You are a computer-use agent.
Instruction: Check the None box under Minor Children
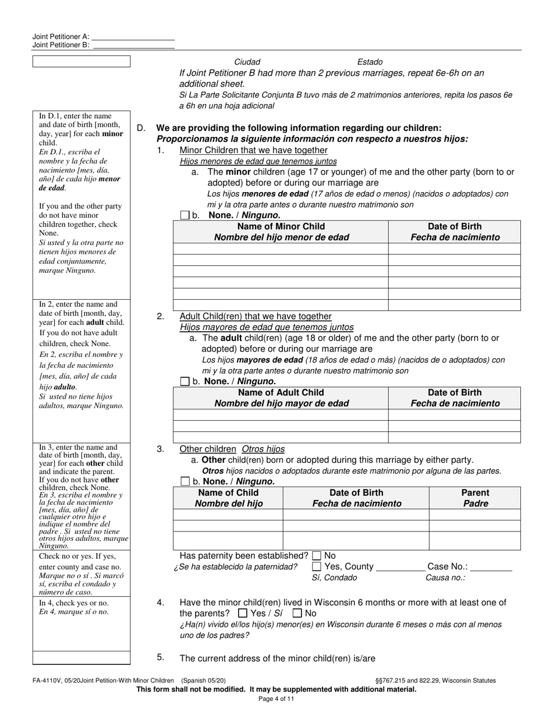click(x=185, y=215)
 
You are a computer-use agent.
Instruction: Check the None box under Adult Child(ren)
click(x=185, y=382)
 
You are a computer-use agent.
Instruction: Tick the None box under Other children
click(x=185, y=482)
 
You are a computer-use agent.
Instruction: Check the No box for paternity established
click(x=317, y=556)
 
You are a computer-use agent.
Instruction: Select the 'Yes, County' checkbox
click(x=317, y=566)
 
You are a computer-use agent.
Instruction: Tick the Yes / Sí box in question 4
click(x=243, y=614)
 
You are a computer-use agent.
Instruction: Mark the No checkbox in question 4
click(x=297, y=614)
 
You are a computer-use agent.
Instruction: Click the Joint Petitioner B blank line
click(x=133, y=45)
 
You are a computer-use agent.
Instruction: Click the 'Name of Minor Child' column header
click(x=281, y=226)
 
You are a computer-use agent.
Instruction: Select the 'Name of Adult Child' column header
click(x=281, y=393)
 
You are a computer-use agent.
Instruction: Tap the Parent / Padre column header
click(x=475, y=493)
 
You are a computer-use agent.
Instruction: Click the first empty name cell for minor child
click(x=281, y=249)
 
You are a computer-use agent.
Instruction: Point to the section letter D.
click(x=140, y=128)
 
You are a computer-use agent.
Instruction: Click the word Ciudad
click(x=247, y=62)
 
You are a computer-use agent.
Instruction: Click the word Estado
click(x=370, y=62)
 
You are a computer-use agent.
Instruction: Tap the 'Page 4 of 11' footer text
click(x=276, y=699)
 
